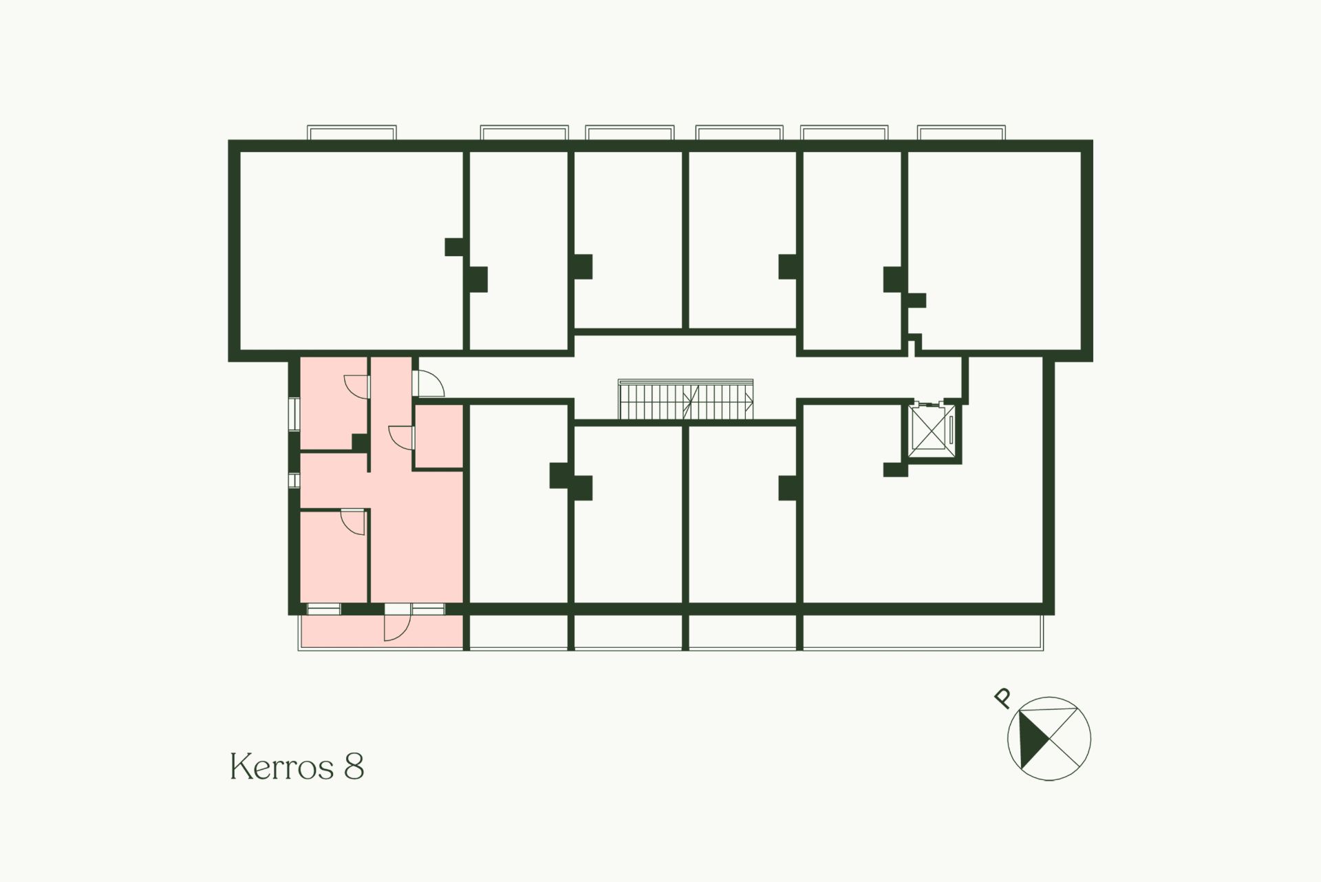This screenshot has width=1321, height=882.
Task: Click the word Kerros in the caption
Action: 282,766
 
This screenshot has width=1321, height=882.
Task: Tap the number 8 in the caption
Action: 354,766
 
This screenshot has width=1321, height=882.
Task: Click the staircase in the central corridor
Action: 686,399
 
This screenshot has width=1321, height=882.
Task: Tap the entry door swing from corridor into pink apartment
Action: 428,383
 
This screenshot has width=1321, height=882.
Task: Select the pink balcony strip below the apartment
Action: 381,632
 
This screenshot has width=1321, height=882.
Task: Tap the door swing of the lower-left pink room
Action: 354,522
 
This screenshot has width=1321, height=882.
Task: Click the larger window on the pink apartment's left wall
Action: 294,414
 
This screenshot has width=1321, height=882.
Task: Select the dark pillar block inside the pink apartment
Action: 361,442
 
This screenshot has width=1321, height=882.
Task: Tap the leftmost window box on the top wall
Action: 352,132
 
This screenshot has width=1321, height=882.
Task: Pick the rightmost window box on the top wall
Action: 962,132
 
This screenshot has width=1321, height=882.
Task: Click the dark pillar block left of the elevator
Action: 895,470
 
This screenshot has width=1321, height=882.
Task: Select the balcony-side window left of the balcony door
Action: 323,609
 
